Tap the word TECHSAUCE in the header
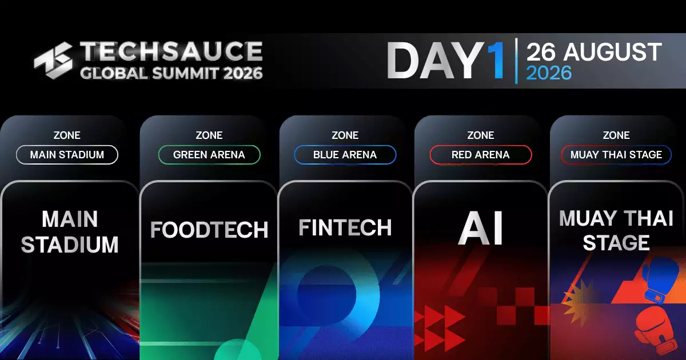171,51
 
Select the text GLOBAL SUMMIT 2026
171,74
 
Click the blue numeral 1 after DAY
495,61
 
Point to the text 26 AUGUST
594,52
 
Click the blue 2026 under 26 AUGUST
549,73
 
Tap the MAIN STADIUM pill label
67,155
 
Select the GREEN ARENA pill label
209,155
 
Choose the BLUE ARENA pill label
345,155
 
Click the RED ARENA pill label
481,155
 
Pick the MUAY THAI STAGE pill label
616,155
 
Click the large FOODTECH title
209,230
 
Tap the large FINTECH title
345,227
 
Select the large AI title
481,228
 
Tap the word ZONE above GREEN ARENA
209,135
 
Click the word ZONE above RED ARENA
481,135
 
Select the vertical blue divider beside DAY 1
517,61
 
